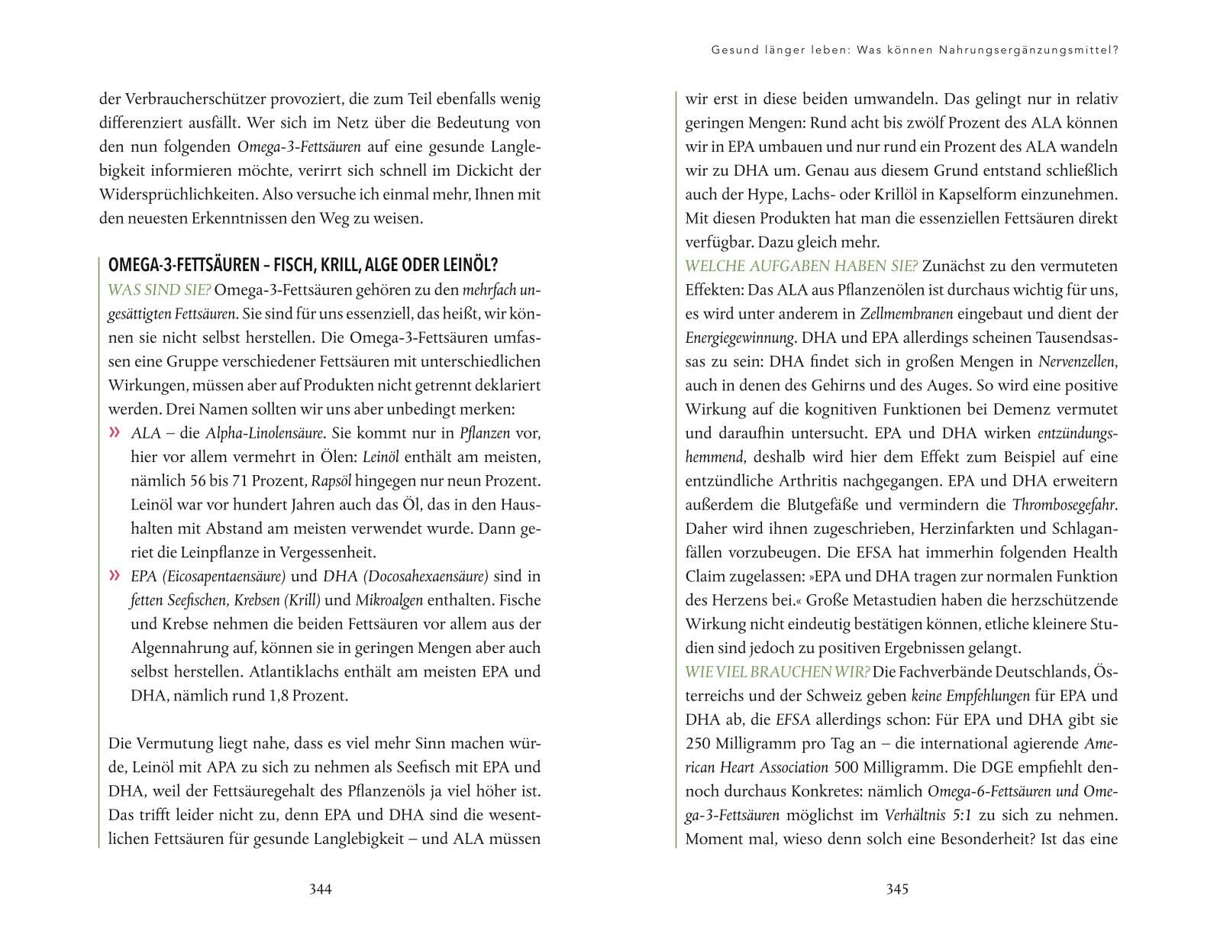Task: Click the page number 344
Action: click(x=320, y=889)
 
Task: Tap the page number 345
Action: click(x=897, y=889)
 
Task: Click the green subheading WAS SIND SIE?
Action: click(x=160, y=290)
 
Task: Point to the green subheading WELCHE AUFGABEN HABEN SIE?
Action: click(x=801, y=266)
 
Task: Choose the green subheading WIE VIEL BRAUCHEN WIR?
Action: click(x=777, y=672)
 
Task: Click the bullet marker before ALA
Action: click(x=115, y=433)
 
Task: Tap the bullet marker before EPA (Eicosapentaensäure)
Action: click(x=115, y=576)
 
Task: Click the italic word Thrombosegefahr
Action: click(x=1064, y=505)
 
